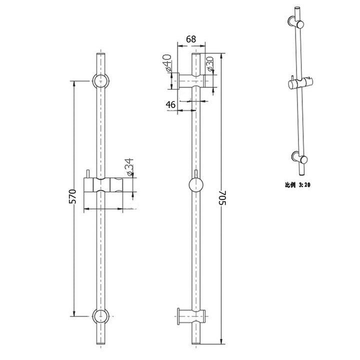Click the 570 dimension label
pos(71,197)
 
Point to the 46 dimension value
pos(170,104)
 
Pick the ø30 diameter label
pos(210,64)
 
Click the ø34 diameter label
pos(129,166)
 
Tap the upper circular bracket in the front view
pos(100,81)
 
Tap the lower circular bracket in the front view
pos(100,316)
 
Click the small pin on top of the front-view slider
pos(86,172)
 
